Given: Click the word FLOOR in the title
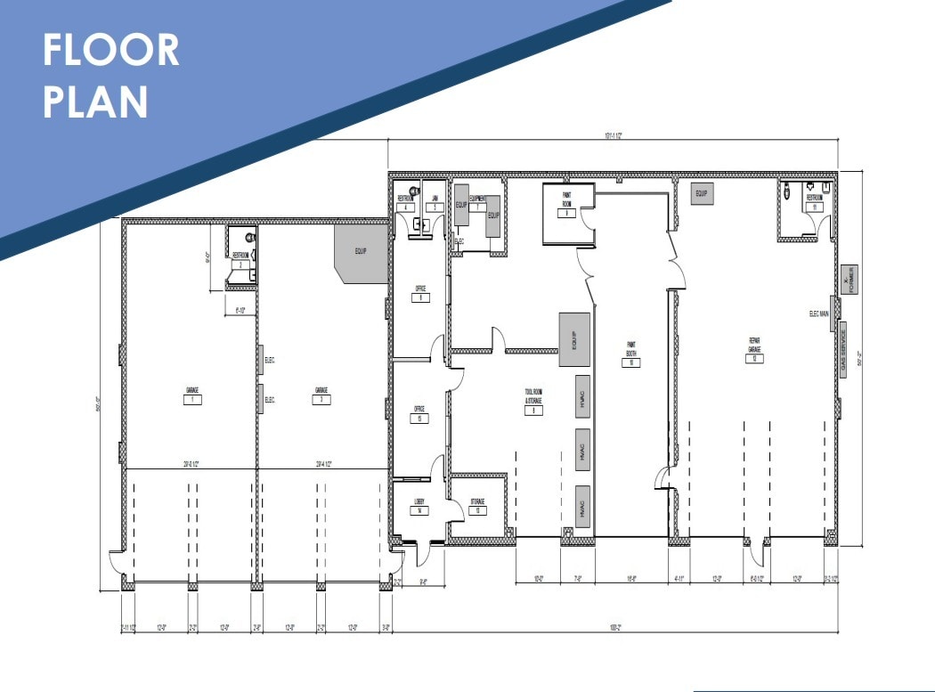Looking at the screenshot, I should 111,51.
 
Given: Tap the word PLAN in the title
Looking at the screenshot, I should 95,102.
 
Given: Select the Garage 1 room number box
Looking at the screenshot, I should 191,400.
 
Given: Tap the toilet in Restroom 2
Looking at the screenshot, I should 248,238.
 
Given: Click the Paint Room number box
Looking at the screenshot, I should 565,214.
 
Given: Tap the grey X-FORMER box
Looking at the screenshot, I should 849,281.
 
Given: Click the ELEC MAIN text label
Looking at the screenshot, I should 819,313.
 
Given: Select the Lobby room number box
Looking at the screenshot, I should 419,511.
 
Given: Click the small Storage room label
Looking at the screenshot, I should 477,501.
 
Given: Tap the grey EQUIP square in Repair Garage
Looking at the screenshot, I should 701,193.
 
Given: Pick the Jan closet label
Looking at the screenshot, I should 435,198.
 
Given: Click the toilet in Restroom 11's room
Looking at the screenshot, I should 789,191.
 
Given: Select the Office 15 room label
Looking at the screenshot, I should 419,410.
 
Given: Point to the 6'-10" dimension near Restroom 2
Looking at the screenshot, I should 240,310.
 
